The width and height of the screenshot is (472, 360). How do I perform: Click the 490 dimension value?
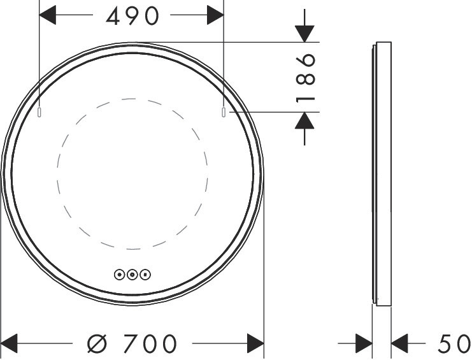[132, 16]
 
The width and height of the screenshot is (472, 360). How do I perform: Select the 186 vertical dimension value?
[306, 78]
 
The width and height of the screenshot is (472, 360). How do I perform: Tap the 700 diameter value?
[150, 343]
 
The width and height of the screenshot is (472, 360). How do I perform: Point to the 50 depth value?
[454, 343]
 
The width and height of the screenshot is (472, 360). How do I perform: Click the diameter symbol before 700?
[97, 343]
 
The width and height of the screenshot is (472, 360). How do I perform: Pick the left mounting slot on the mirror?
[39, 112]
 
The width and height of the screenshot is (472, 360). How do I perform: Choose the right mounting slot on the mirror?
[224, 112]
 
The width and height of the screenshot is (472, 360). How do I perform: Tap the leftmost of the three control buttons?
[120, 275]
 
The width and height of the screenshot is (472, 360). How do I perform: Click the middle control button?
[132, 275]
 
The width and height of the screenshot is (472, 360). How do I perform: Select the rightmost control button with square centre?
[145, 275]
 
